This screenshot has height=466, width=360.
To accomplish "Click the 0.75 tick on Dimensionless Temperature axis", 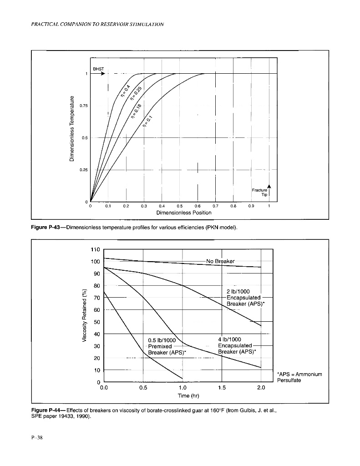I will [x=83, y=106].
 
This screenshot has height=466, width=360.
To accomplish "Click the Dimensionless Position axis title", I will [x=183, y=213].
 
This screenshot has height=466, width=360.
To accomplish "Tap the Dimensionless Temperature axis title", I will [x=71, y=129].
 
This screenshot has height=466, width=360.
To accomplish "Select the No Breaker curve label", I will [x=220, y=261].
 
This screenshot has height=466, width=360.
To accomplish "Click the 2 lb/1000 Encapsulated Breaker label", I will [x=242, y=299].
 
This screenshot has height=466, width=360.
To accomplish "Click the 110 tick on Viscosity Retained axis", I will [x=95, y=249].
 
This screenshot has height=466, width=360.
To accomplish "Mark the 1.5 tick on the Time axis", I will [x=222, y=387].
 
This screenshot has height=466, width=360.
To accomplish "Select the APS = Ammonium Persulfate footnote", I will [x=299, y=377].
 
